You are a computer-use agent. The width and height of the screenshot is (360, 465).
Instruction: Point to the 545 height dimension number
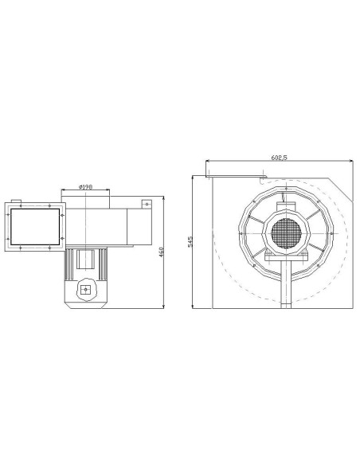(190, 241)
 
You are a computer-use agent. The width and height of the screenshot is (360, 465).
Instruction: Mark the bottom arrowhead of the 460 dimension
(163, 306)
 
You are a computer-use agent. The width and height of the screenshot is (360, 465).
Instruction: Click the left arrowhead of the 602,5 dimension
(207, 164)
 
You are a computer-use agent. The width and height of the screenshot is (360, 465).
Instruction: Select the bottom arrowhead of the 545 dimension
(194, 307)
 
